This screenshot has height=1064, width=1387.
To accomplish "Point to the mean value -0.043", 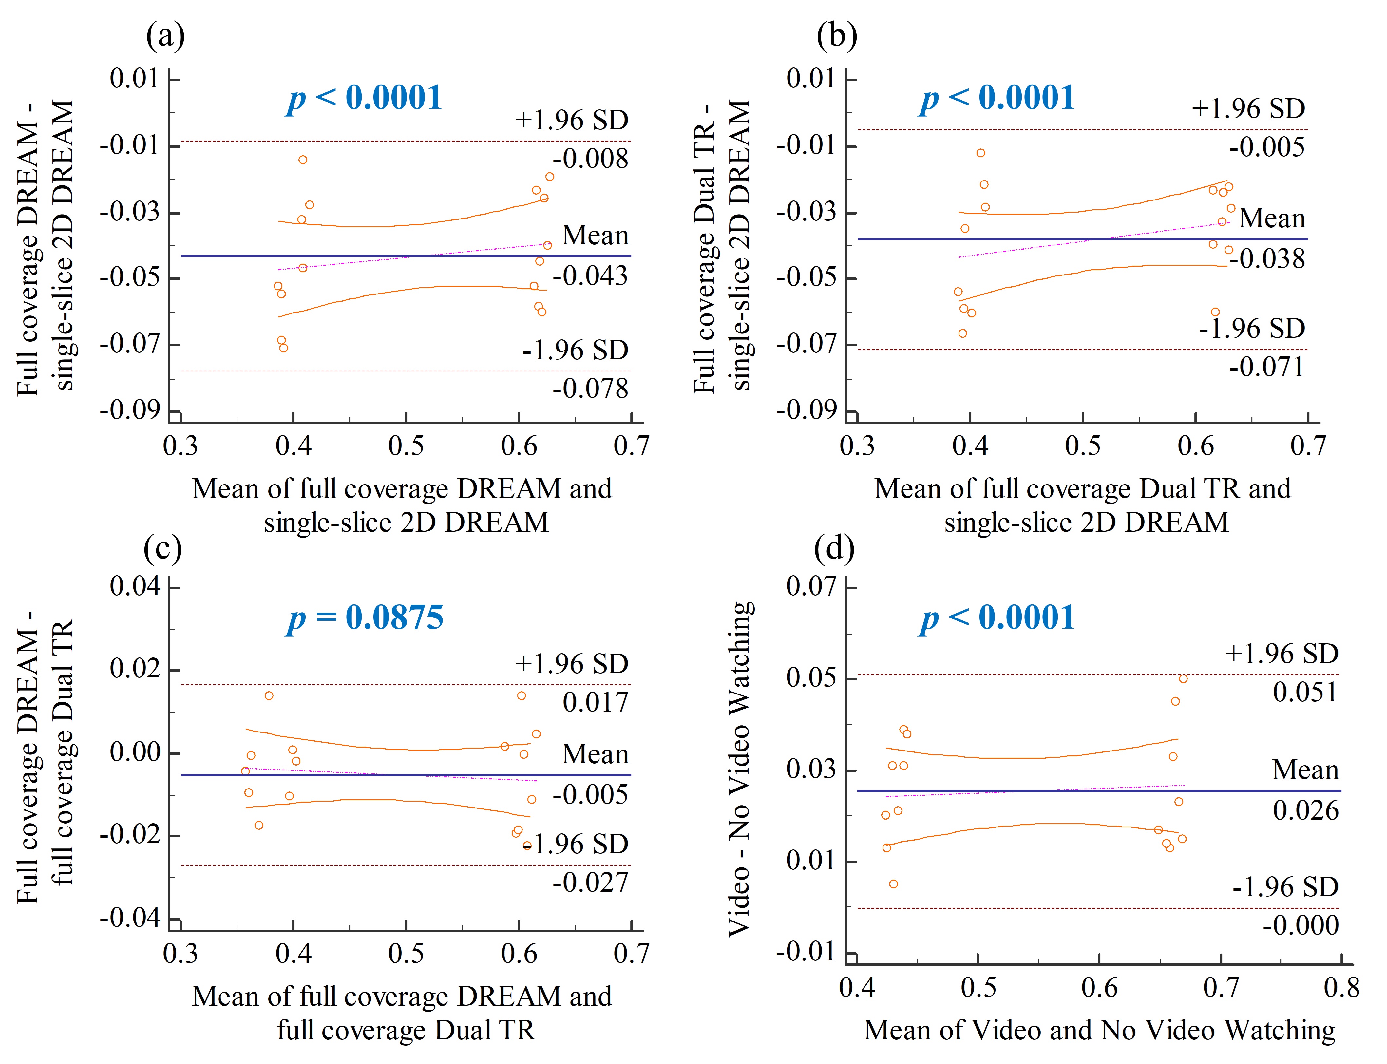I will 590,276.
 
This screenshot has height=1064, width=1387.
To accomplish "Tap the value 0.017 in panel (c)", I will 595,702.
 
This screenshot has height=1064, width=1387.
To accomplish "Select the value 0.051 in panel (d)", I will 1305,692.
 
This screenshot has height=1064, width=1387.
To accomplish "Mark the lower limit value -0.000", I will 1300,925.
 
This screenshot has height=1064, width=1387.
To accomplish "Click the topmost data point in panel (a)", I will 303,160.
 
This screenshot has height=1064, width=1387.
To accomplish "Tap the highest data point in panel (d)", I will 1183,679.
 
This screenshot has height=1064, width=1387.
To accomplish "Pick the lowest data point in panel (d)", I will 893,884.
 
